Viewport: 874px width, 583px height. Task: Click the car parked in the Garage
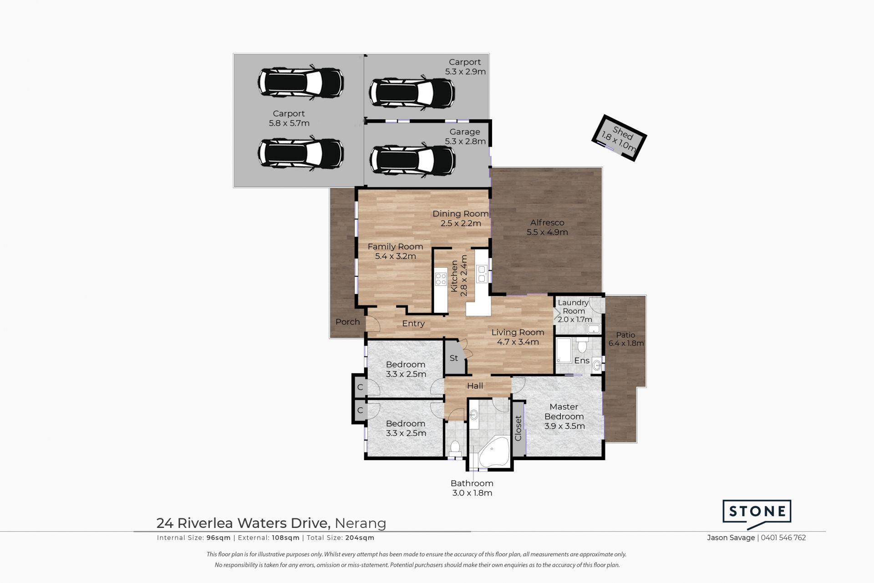413,160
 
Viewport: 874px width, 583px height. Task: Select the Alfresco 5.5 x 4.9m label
547,228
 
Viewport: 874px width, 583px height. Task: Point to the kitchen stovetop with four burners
441,279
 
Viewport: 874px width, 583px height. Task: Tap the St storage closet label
454,358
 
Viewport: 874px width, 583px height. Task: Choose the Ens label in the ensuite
582,361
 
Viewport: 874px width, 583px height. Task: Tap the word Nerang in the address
360,523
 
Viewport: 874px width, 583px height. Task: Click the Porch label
348,322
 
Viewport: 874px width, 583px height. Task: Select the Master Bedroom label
564,411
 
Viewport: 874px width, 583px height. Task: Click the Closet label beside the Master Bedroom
518,428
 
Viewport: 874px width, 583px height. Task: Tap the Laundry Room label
574,307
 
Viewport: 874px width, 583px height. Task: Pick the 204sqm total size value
360,538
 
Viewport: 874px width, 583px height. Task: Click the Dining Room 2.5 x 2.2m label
461,218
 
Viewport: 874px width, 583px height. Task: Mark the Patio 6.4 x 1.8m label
626,339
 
